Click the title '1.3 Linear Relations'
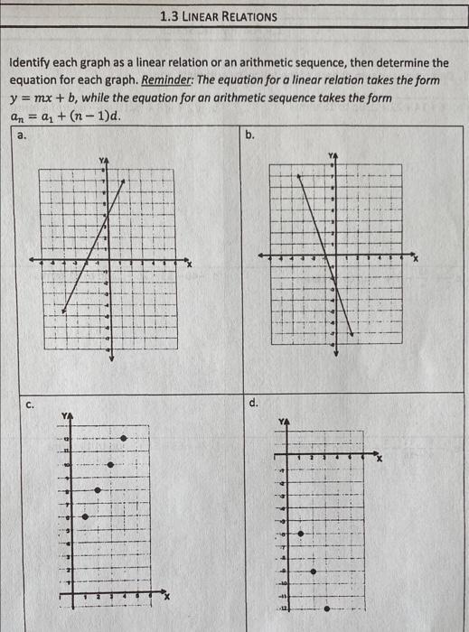(217, 16)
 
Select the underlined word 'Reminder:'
(171, 80)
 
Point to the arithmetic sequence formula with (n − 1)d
(63, 116)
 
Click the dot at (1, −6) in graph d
(301, 534)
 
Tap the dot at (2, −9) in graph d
(314, 571)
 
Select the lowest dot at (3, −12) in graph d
(326, 609)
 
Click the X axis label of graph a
(190, 264)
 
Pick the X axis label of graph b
(417, 259)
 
